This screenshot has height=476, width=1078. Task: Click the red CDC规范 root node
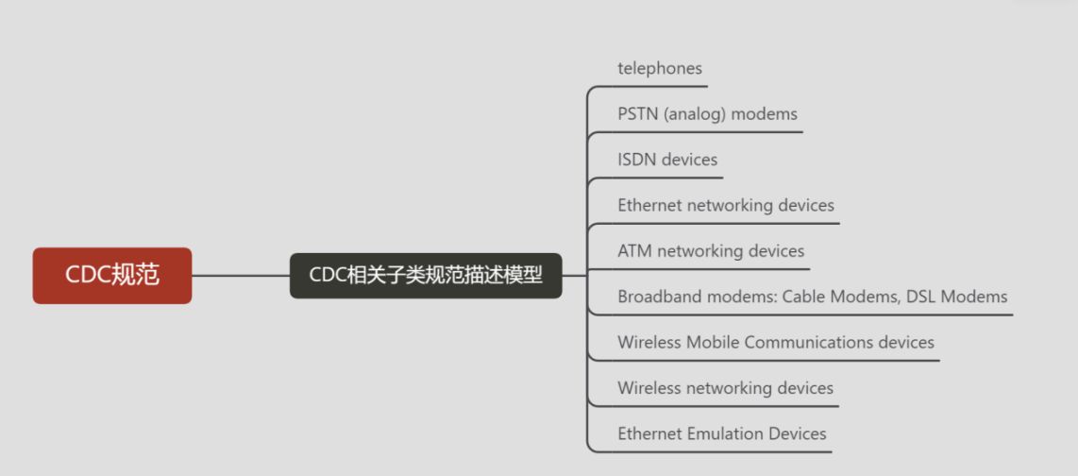112,276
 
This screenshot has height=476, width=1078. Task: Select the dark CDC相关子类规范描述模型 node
426,276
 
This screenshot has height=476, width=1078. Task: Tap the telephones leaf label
660,69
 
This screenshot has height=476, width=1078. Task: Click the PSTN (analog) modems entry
707,114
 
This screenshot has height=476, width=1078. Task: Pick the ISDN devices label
667,160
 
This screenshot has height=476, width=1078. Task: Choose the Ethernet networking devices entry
726,205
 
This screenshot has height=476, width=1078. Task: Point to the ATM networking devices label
711,251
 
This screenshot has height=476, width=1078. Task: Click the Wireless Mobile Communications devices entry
776,342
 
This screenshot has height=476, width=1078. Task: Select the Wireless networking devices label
725,388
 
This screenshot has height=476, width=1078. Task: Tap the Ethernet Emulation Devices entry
722,433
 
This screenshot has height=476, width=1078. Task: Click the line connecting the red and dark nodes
241,276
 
